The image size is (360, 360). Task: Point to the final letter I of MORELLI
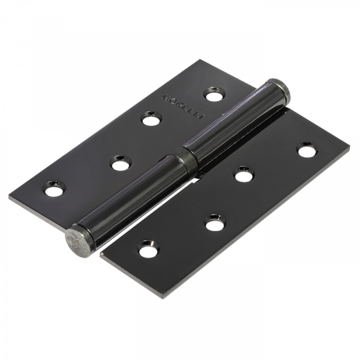coord(203,117)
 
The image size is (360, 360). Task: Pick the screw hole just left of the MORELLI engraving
coord(151,118)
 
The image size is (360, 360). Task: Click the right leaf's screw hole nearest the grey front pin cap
coord(148,249)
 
